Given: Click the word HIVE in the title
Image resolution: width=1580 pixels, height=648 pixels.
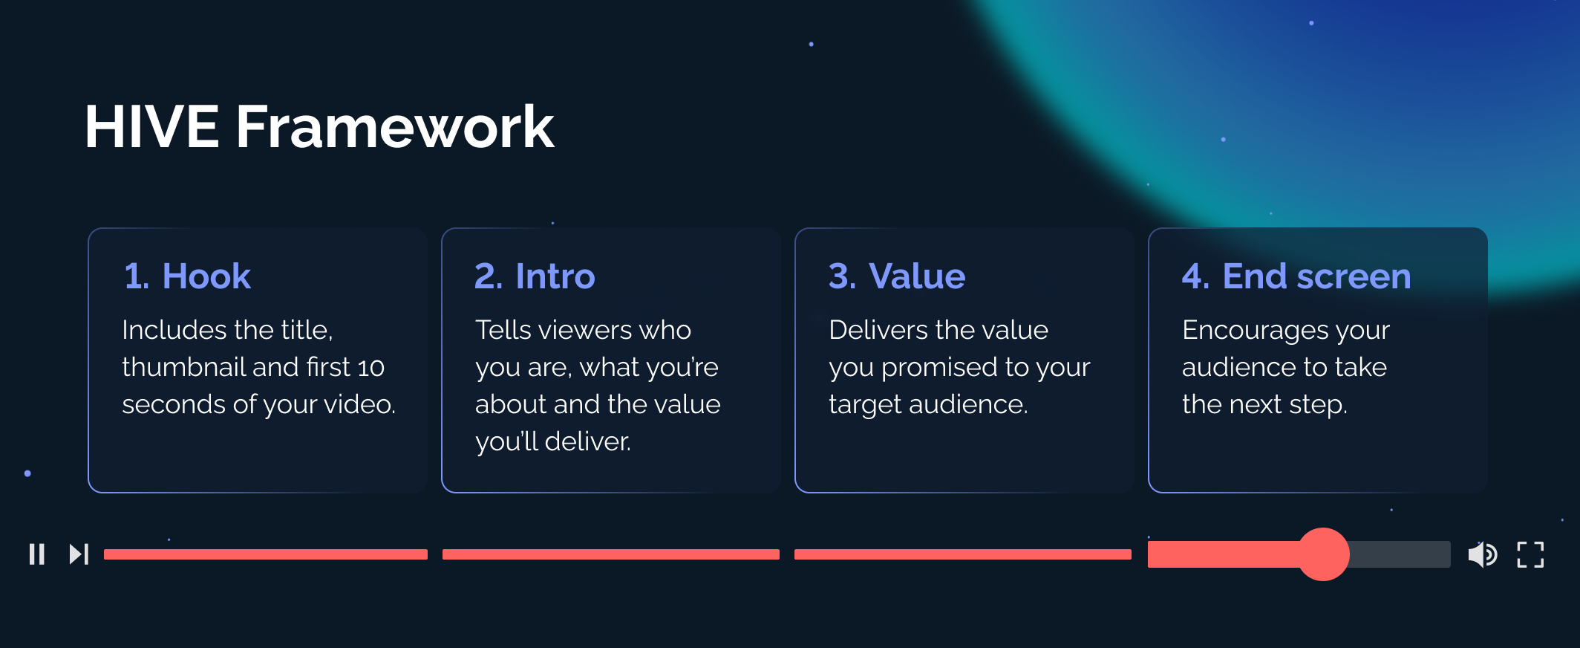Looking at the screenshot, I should click(x=151, y=127).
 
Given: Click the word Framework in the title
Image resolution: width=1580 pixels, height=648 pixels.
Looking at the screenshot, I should click(x=394, y=127).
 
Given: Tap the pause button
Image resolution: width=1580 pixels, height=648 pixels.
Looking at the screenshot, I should click(x=37, y=554).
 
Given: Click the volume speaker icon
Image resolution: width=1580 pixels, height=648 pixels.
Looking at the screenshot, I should click(x=1482, y=554).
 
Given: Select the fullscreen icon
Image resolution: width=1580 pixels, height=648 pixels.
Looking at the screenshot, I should click(x=1530, y=554).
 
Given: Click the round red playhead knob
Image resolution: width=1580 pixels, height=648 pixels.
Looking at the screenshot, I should click(x=1323, y=554).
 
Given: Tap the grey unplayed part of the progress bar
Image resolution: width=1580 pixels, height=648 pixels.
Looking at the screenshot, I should click(x=1400, y=554).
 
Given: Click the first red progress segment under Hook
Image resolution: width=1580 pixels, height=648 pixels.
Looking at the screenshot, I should click(x=265, y=554).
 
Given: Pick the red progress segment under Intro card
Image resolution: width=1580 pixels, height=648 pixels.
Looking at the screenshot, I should click(x=610, y=554).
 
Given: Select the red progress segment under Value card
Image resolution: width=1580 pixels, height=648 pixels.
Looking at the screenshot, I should click(x=962, y=554).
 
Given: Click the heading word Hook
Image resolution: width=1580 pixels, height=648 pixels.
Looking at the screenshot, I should click(x=206, y=276).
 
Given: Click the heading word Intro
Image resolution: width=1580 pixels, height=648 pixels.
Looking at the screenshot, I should click(x=555, y=276).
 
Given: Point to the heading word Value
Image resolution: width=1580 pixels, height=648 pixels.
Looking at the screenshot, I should click(x=917, y=276).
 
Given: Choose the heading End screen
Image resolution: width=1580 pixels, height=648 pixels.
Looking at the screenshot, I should click(x=1316, y=276).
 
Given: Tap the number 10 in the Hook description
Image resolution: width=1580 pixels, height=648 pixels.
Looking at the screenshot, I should click(x=370, y=368).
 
